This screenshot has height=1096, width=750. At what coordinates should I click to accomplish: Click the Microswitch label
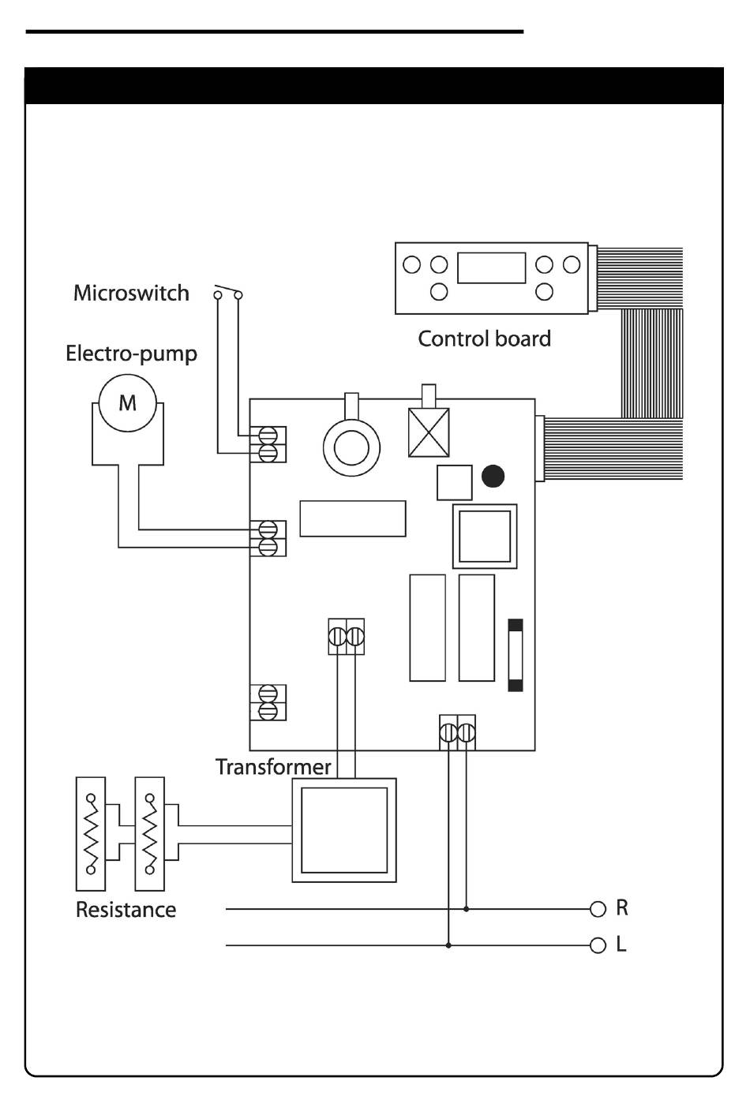(x=131, y=293)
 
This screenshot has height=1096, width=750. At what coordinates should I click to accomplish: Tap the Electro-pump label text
(x=131, y=353)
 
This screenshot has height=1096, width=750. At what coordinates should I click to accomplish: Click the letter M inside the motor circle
(x=128, y=403)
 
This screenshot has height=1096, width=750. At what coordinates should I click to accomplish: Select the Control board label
(x=484, y=339)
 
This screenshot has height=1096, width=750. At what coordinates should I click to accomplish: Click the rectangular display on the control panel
(x=492, y=267)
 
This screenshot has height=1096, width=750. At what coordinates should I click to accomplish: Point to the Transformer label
(x=273, y=767)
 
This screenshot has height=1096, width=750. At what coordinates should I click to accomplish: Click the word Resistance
(x=126, y=910)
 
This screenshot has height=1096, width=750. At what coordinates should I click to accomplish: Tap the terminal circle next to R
(x=598, y=909)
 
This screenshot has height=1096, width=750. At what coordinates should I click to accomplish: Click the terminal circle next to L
(x=598, y=945)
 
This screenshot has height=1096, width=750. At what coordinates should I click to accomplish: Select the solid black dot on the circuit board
(x=493, y=476)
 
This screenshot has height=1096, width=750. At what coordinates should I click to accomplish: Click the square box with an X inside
(x=429, y=432)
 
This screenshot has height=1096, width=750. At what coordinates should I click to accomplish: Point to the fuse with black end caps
(x=516, y=655)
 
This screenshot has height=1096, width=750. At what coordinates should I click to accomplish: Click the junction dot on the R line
(x=466, y=909)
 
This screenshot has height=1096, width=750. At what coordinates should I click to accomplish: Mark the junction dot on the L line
(x=448, y=945)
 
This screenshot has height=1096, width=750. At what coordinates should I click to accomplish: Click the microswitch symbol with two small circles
(x=227, y=292)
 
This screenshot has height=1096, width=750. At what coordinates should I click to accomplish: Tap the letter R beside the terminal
(x=622, y=908)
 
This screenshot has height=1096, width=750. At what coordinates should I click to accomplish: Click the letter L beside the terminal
(x=621, y=945)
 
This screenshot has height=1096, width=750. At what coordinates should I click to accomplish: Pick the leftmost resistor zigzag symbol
(x=91, y=834)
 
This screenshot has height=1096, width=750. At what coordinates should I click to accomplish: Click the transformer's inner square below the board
(x=344, y=830)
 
